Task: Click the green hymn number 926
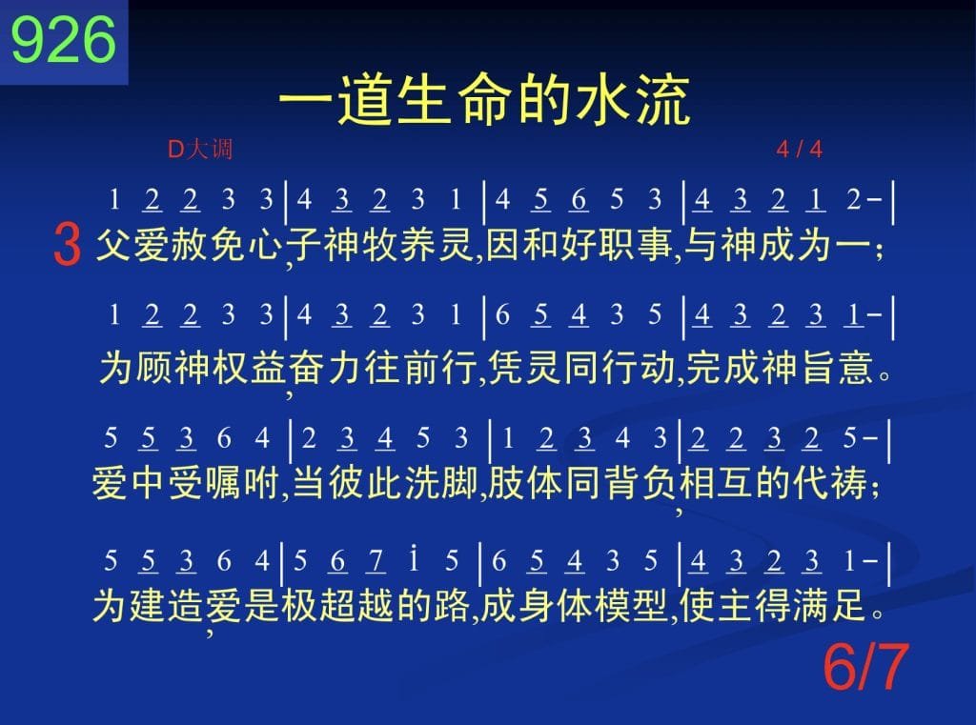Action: (64, 40)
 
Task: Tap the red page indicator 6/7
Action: (865, 667)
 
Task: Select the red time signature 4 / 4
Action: (800, 150)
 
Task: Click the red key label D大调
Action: (200, 150)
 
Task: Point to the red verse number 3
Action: (68, 245)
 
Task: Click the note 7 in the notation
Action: (376, 561)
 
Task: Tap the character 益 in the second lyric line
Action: (269, 367)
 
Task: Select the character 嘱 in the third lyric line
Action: (223, 482)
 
